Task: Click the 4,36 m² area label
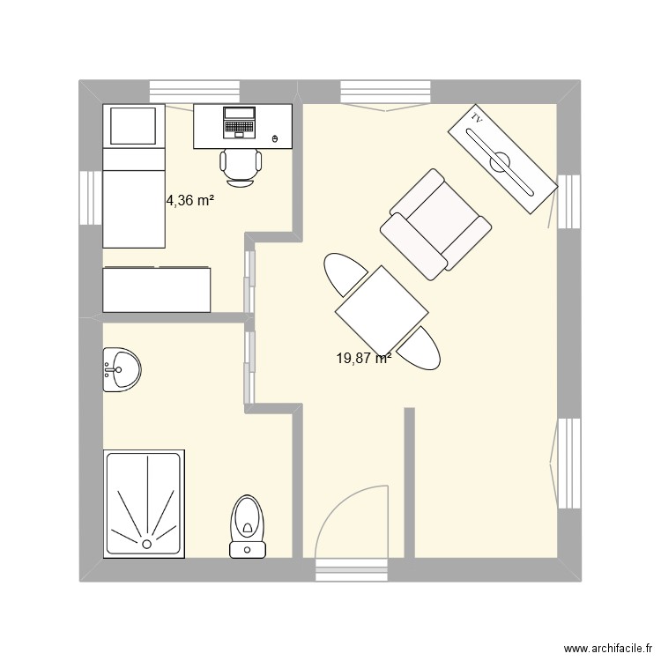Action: point(190,201)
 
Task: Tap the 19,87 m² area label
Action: point(363,358)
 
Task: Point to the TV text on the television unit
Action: point(477,117)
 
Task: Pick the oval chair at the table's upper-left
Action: point(344,274)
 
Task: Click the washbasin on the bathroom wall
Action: point(118,368)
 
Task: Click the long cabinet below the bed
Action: point(157,290)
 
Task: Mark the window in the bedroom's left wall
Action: point(91,197)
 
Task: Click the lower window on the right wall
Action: point(569,463)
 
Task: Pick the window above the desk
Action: point(195,91)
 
